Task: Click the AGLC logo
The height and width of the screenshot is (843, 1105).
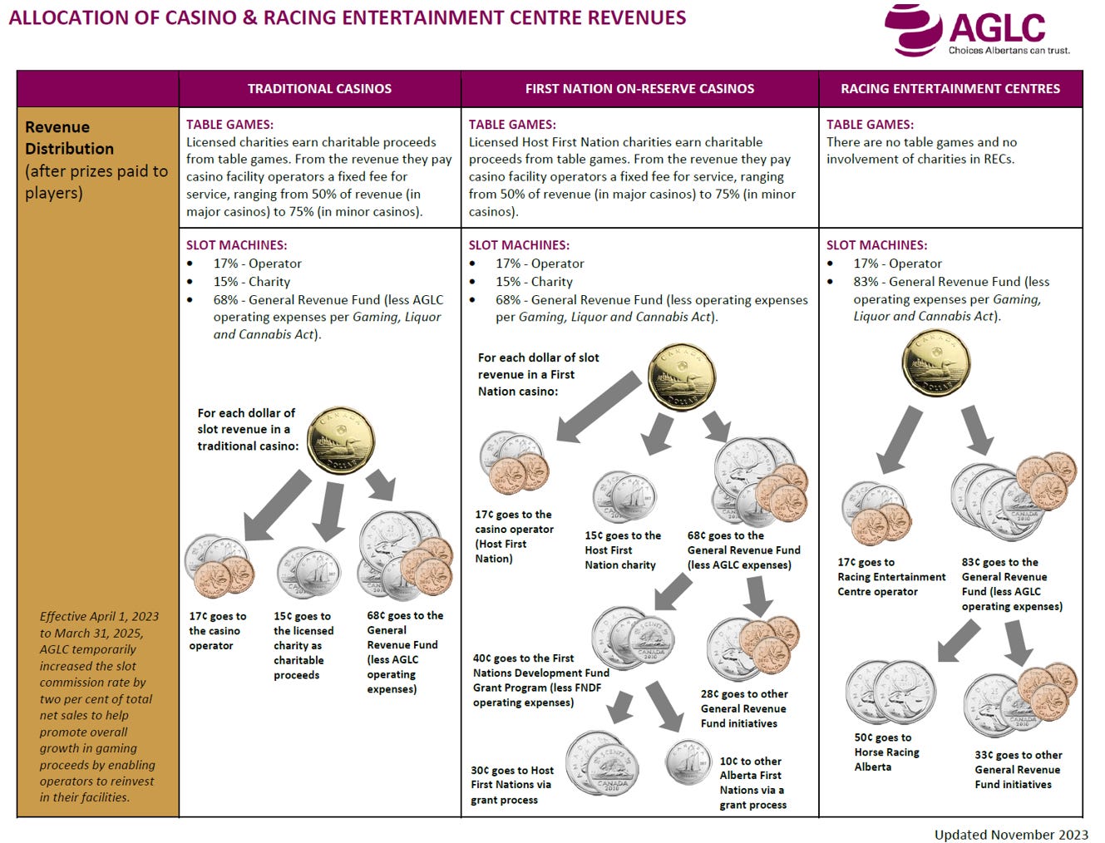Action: point(977,30)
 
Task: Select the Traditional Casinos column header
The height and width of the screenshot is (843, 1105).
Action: point(319,89)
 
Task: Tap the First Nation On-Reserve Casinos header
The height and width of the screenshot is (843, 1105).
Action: point(639,89)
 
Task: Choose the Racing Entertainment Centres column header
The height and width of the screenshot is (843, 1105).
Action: point(950,89)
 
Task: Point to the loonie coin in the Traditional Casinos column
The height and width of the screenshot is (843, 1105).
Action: point(341,441)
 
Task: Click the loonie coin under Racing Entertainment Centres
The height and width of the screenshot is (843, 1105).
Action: point(935,362)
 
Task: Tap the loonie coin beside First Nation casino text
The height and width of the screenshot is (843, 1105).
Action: point(682,377)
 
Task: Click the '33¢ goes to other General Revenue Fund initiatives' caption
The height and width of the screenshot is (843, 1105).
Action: point(1018,769)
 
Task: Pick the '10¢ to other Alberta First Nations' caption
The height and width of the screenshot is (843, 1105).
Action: point(752,782)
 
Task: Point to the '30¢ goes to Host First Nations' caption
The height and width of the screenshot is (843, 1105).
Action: point(511,785)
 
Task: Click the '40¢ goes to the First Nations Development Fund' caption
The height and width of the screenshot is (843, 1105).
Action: point(540,680)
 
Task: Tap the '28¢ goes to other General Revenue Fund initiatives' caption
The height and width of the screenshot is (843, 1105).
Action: point(743,708)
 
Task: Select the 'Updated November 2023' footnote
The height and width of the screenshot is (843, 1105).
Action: point(1011,834)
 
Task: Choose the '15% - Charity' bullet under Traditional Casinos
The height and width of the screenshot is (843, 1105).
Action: point(251,282)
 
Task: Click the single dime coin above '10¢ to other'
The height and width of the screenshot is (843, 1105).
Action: point(688,762)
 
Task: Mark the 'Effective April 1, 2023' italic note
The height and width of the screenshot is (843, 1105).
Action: point(98,706)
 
